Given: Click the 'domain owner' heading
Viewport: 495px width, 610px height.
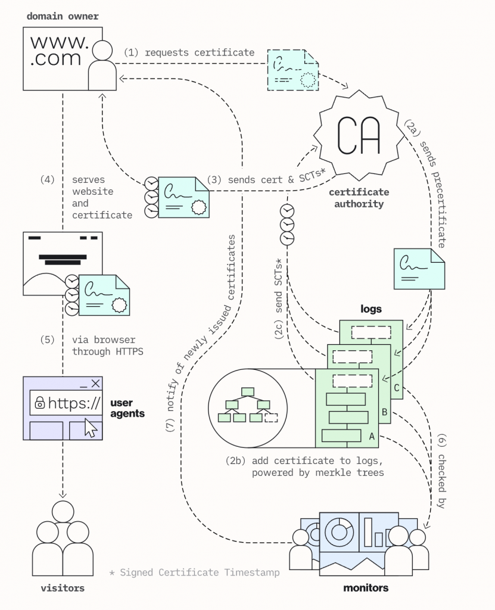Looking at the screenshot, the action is click(x=63, y=16).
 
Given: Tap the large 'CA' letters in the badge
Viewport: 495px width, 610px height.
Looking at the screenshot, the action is click(x=359, y=135).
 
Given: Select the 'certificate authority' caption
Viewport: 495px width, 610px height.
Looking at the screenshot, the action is click(x=359, y=198).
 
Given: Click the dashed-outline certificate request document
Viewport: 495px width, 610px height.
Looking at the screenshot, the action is click(x=292, y=70).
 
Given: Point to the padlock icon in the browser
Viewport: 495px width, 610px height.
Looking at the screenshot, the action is click(x=40, y=403).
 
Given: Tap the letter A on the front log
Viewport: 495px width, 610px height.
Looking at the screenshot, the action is click(x=372, y=437).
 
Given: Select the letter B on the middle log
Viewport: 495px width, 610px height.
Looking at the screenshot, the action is click(x=384, y=412).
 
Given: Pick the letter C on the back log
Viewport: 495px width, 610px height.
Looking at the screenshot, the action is click(x=397, y=387).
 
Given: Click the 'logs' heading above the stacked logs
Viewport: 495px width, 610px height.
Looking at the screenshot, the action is click(x=371, y=309).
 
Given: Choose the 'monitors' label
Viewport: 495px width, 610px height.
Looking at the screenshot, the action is click(x=366, y=588).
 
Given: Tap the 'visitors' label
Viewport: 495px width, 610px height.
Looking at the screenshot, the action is click(x=63, y=588).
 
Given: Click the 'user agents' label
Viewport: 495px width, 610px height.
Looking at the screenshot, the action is click(x=127, y=408).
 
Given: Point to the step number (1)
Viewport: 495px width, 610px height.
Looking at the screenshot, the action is click(x=131, y=52).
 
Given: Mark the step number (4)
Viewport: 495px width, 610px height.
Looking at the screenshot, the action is click(x=48, y=179).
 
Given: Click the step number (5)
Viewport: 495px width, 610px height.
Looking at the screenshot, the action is click(x=48, y=340).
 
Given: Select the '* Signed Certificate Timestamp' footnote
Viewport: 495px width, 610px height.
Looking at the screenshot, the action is click(x=194, y=572).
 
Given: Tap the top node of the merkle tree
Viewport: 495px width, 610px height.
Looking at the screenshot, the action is click(x=248, y=391).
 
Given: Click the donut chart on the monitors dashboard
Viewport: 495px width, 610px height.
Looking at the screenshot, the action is click(x=339, y=530).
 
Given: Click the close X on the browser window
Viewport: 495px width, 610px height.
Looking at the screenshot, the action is click(x=96, y=384).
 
